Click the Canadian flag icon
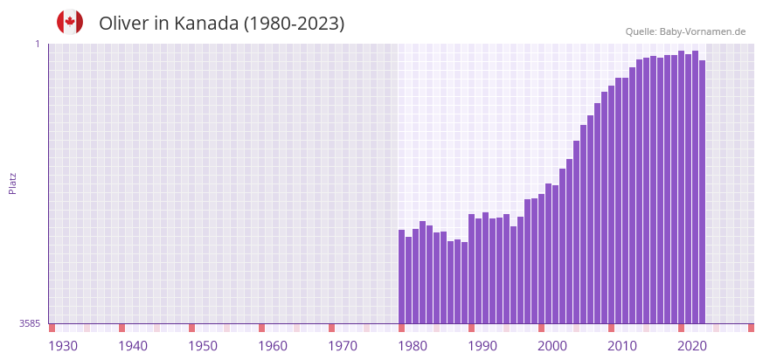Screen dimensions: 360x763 coord(70,23)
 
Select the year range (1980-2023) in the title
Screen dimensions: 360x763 coord(294,24)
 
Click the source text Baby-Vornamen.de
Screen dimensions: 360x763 coord(703,31)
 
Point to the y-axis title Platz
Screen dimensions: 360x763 coord(13,183)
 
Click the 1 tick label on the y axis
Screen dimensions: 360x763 coord(38,44)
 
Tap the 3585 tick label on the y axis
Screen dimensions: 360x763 coord(30,323)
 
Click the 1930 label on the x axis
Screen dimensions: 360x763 coord(62,346)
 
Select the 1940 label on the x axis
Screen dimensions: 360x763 coord(132,346)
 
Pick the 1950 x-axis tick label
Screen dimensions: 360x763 coord(202,346)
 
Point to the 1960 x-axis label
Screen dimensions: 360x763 coord(273,346)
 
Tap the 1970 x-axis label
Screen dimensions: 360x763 coord(343,346)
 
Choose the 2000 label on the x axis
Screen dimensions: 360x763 coord(552,346)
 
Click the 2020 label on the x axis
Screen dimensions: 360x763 coord(692,346)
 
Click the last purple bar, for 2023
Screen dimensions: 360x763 coord(702,191)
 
